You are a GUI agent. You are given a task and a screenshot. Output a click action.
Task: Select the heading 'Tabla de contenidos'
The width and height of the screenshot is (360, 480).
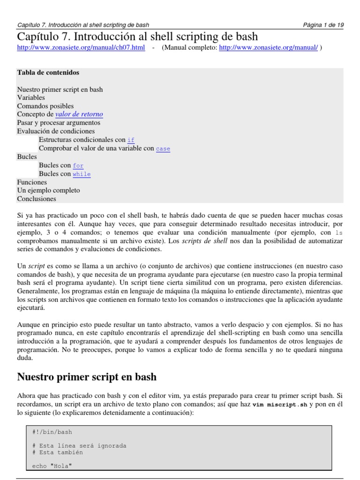click(48, 73)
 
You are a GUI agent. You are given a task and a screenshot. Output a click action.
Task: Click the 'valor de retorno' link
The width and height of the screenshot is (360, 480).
click(79, 114)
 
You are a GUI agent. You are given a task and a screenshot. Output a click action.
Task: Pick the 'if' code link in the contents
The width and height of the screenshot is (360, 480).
click(131, 140)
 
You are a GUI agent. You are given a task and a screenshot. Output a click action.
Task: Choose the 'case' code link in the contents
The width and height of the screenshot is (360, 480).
click(163, 149)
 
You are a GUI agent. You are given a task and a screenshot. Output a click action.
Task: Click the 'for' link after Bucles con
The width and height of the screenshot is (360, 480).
click(78, 165)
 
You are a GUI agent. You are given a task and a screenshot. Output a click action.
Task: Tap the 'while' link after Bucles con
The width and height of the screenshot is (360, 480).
click(82, 174)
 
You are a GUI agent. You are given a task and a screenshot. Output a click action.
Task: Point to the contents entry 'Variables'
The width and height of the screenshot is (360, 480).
click(31, 97)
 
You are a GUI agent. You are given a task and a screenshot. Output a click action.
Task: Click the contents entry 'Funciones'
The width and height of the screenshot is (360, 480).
click(32, 182)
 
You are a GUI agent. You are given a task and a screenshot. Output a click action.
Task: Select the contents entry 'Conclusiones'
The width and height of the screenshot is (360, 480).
click(37, 199)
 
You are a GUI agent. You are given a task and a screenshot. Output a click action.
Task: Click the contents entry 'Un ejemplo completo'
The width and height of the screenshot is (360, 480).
click(48, 190)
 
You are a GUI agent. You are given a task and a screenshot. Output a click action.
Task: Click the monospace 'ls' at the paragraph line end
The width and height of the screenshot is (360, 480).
click(339, 232)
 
